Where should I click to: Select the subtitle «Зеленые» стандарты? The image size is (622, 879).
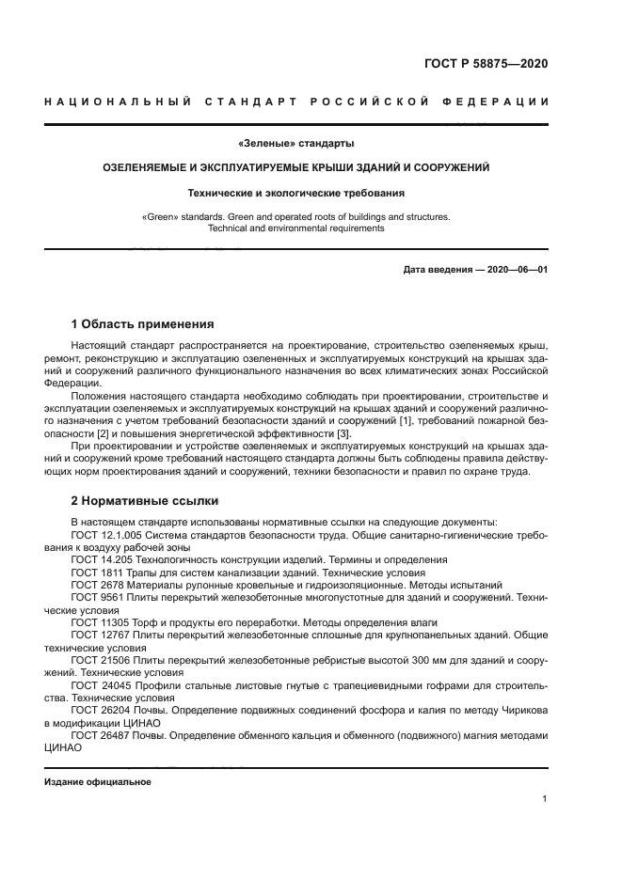click(x=296, y=144)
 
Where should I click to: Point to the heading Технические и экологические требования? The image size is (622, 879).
click(x=296, y=193)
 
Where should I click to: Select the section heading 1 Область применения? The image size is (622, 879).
click(x=142, y=323)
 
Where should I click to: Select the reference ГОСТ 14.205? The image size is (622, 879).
click(x=97, y=559)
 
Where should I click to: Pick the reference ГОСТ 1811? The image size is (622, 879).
click(x=93, y=572)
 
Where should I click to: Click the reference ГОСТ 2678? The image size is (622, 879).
click(x=93, y=584)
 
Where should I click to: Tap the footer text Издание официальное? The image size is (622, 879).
click(x=97, y=782)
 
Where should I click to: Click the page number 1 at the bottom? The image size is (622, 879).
click(x=545, y=799)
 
